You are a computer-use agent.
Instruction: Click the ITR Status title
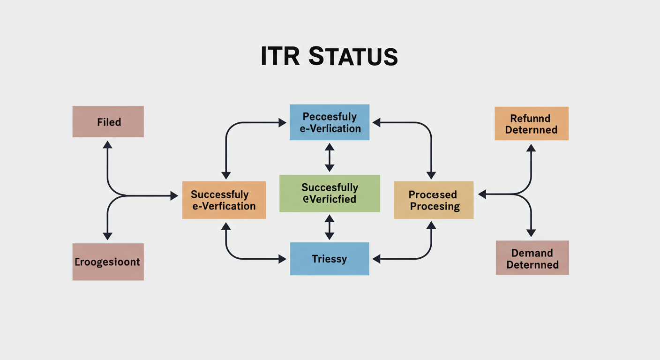click(x=329, y=56)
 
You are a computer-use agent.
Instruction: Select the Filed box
click(x=108, y=122)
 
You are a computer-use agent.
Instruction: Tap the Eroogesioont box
click(x=108, y=262)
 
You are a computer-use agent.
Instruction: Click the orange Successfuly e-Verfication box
click(x=224, y=200)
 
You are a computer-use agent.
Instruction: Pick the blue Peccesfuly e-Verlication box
click(x=330, y=122)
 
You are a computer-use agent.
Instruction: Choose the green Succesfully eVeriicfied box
click(x=330, y=193)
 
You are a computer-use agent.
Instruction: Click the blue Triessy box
click(x=330, y=258)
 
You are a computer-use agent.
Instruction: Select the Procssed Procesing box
click(x=434, y=200)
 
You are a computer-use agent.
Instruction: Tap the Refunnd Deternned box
click(x=531, y=124)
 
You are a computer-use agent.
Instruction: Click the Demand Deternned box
click(x=532, y=258)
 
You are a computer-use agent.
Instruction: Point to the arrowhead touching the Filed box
click(x=108, y=144)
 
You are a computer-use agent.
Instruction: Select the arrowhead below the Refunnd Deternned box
click(x=531, y=148)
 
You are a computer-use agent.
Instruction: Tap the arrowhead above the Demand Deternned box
click(x=531, y=232)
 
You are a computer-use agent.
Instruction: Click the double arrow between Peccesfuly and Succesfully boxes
click(x=330, y=157)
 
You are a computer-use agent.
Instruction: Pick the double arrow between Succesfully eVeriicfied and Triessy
click(x=330, y=227)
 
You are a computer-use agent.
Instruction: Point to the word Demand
click(x=532, y=253)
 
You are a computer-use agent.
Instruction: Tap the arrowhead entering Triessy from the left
click(x=282, y=259)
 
